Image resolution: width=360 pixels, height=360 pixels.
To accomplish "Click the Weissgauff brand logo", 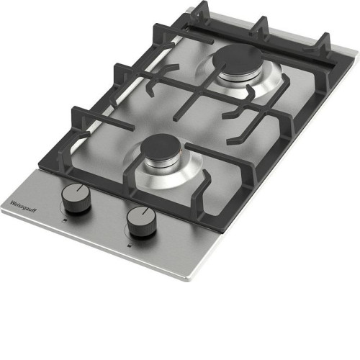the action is coord(23,206).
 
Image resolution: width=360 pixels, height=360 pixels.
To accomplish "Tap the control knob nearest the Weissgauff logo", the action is coord(76,197).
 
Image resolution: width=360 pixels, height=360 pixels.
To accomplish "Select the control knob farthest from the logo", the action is coord(142,221).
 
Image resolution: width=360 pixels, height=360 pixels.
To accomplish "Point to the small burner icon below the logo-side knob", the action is coord(63,221).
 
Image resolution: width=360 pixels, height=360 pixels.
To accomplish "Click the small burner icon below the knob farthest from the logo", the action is coord(129,246).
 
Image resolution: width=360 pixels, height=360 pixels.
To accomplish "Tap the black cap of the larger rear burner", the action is coord(237,59).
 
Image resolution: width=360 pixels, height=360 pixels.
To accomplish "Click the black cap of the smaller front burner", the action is coord(163,146).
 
